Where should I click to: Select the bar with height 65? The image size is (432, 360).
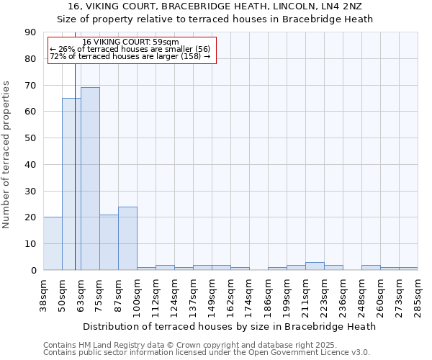click(71, 184)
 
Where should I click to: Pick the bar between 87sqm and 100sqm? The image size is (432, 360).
click(127, 238)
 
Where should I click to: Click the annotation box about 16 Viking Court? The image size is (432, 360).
click(131, 50)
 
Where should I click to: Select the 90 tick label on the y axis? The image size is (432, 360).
click(30, 32)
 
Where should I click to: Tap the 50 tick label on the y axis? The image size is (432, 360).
click(30, 138)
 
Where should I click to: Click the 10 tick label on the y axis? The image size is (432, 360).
click(30, 244)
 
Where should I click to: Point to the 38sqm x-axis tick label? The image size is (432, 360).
click(43, 294)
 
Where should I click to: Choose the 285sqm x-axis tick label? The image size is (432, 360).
click(418, 294)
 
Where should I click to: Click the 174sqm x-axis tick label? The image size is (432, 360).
click(249, 294)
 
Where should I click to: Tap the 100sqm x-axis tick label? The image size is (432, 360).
click(137, 294)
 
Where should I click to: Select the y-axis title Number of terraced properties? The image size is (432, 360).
click(7, 154)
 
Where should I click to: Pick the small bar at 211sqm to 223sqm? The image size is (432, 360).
click(315, 266)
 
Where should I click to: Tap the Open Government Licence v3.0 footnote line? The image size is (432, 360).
click(207, 352)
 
